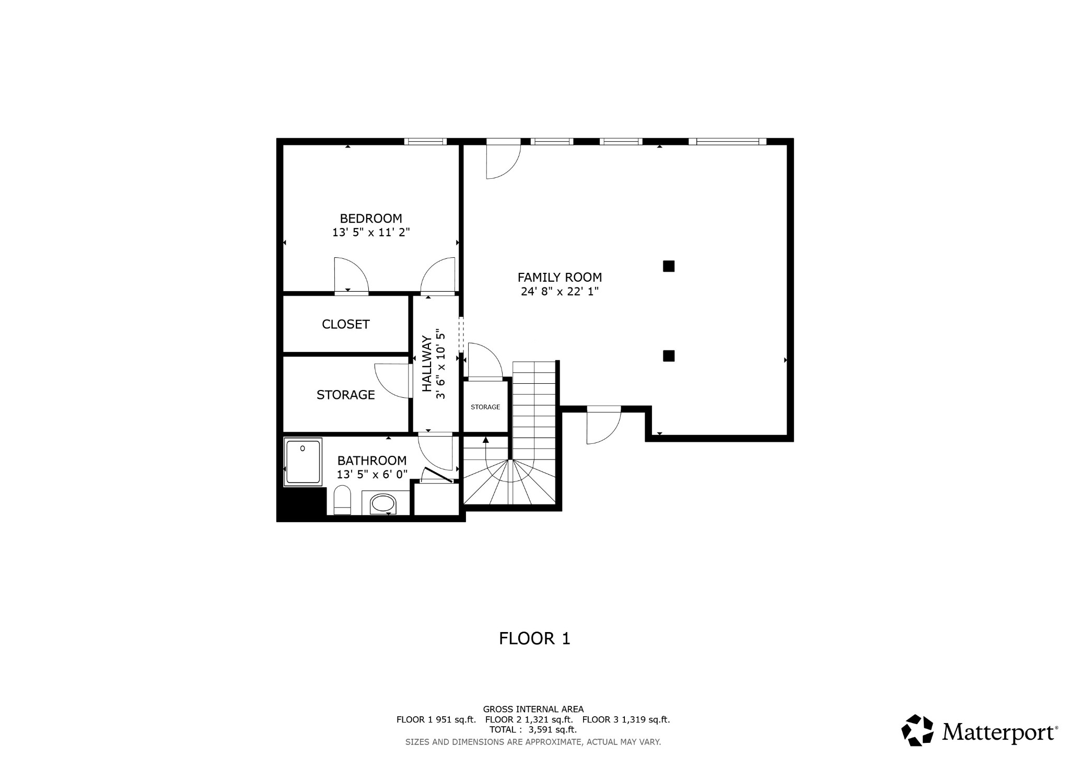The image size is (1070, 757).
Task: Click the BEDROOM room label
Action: tap(371, 219)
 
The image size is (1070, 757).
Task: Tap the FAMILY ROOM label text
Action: tap(560, 278)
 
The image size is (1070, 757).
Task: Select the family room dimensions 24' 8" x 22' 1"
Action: tap(560, 292)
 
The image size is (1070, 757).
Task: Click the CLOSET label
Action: tap(345, 324)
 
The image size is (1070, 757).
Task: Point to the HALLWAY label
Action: tap(427, 364)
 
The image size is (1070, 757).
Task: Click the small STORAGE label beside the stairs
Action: tap(485, 407)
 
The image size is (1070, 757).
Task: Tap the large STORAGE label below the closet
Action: tap(345, 395)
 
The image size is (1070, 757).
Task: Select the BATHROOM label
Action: tap(371, 461)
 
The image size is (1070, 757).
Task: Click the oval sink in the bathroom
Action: tap(383, 504)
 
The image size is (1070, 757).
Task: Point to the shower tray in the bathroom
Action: tap(303, 462)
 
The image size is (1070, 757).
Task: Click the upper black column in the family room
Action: tap(669, 266)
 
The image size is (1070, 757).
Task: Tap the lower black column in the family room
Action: tap(669, 356)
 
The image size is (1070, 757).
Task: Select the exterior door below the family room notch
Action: tap(603, 425)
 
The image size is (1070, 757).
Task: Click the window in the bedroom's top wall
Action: tap(425, 141)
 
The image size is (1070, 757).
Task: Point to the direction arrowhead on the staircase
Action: tap(486, 440)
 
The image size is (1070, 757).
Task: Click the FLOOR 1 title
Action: tap(534, 638)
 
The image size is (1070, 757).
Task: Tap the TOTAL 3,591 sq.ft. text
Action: tap(533, 729)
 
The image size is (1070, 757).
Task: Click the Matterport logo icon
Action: tap(917, 730)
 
